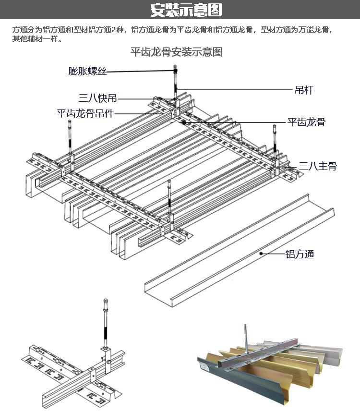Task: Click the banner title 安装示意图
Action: click(186, 10)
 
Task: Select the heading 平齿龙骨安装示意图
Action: click(177, 52)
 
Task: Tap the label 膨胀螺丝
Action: click(87, 71)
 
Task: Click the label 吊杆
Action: click(304, 90)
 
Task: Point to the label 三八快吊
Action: click(97, 98)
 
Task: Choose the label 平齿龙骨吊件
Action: click(85, 113)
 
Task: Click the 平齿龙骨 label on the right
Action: click(306, 122)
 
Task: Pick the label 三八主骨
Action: click(318, 166)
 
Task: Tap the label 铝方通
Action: click(300, 254)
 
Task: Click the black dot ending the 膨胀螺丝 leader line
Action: click(175, 71)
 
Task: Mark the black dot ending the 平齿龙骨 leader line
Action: click(184, 123)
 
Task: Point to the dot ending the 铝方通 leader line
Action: click(261, 254)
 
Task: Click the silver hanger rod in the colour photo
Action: click(246, 339)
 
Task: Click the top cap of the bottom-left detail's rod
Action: click(106, 302)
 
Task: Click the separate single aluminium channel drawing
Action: click(240, 251)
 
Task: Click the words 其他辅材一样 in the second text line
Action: click(35, 39)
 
